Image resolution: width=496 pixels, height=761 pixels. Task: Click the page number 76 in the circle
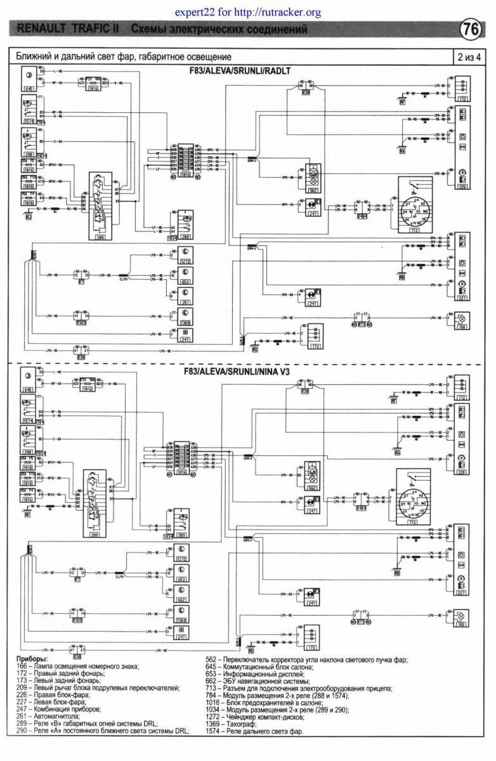(470, 29)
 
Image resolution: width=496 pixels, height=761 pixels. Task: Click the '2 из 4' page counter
(469, 57)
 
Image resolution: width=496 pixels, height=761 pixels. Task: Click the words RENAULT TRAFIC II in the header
(70, 29)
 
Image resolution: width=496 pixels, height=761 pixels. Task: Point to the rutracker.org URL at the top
(247, 12)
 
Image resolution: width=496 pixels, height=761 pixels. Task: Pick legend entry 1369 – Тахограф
(237, 723)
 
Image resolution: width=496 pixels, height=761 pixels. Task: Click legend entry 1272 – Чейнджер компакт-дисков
(266, 716)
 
